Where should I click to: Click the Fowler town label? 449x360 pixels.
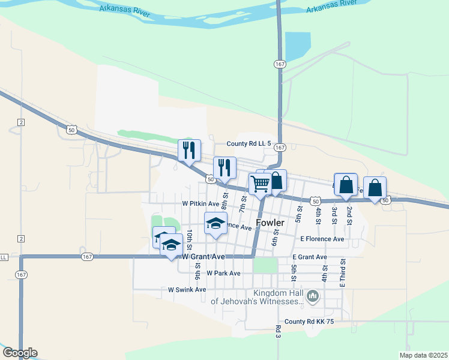coord(270,223)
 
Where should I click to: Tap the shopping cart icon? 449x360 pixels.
coord(259,184)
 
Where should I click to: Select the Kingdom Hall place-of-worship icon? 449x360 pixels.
coord(312,296)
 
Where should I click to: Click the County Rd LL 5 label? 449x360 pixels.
coord(249,145)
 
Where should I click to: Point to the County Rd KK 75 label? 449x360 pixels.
coord(309,322)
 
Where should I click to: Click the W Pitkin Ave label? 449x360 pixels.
coord(202,204)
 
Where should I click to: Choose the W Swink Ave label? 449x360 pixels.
coord(187,289)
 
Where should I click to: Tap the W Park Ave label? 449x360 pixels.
coord(223,273)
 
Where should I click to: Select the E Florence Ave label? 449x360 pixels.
coord(322,239)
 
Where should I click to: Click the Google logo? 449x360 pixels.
coord(20,353)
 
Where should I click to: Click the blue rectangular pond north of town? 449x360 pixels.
coord(298,47)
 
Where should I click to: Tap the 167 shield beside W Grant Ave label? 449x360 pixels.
coord(88,257)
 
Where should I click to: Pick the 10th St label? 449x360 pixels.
coord(188,239)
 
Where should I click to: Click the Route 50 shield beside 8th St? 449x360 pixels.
coord(210,179)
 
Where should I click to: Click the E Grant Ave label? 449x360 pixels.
coord(310,257)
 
